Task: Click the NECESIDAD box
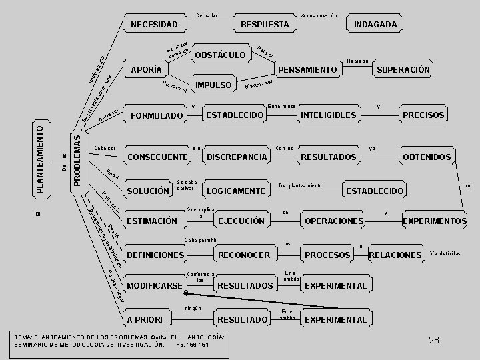click(154, 25)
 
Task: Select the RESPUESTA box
click(265, 25)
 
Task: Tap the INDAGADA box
click(375, 25)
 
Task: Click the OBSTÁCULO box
click(219, 54)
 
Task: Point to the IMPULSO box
click(213, 85)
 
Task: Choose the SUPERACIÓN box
click(403, 69)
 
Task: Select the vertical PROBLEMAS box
click(79, 161)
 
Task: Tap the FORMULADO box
click(156, 115)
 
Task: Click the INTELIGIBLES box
click(329, 115)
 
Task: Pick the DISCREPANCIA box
click(237, 157)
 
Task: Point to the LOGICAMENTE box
click(235, 191)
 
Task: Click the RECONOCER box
click(244, 255)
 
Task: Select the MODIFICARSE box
click(155, 285)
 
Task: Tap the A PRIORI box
click(149, 319)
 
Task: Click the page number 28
click(434, 340)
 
